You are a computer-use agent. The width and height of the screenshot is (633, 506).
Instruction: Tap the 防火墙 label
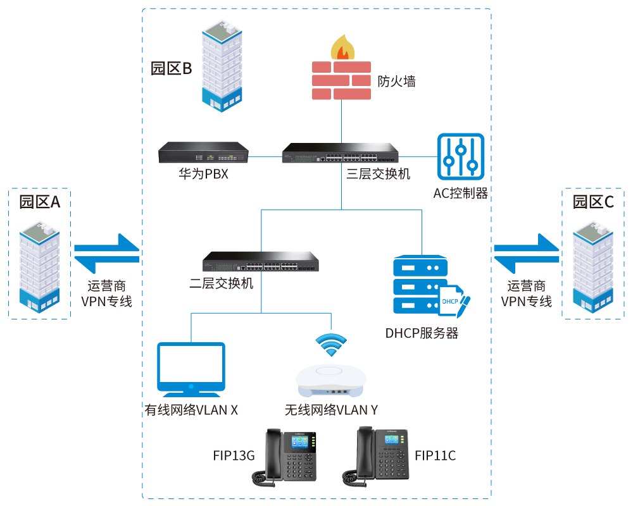(397, 82)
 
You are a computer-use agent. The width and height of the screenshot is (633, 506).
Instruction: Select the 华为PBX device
(203, 152)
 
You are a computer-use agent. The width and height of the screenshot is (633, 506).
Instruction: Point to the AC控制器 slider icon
(461, 156)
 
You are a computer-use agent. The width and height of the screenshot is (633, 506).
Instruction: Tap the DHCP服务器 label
(422, 333)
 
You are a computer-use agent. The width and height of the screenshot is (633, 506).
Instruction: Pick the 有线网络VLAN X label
(192, 410)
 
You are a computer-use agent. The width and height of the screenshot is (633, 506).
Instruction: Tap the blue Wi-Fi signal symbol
(331, 344)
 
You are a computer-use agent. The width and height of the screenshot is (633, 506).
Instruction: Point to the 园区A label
(39, 202)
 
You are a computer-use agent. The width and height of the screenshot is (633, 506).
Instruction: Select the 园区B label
(171, 69)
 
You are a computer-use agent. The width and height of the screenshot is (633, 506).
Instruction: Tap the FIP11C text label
(436, 455)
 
